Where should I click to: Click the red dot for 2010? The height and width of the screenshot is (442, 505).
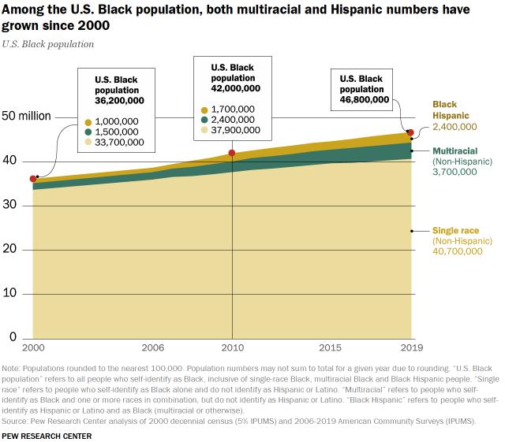coord(232,153)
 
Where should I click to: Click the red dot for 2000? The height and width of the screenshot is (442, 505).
coord(33,179)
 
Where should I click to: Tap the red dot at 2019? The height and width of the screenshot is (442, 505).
coord(410,132)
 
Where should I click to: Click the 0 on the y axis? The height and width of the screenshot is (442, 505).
coord(13,337)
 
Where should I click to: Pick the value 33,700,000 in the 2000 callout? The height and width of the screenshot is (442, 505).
coord(119,143)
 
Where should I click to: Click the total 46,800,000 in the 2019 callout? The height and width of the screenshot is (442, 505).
coord(364,99)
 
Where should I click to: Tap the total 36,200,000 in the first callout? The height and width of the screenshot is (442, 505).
coord(119,101)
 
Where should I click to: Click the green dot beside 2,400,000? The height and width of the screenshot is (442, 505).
coord(204,120)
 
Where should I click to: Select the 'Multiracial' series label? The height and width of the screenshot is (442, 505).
coord(454,150)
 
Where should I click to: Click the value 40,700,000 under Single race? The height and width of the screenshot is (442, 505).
coord(456,251)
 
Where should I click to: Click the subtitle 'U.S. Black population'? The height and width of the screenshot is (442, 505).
coord(48,44)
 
